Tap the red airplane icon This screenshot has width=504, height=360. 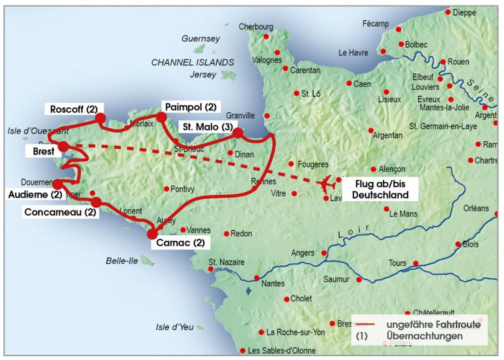point(327,185)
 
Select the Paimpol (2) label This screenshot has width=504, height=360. point(189,107)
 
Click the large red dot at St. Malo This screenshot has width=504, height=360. point(238,133)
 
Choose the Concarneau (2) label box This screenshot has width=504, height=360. point(60,212)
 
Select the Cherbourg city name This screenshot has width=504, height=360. point(256,26)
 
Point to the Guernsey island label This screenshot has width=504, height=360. point(201,38)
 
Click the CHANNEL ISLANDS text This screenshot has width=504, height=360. point(192,62)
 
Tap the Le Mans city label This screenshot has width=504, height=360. point(403,214)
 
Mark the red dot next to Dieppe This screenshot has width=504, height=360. point(448,12)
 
